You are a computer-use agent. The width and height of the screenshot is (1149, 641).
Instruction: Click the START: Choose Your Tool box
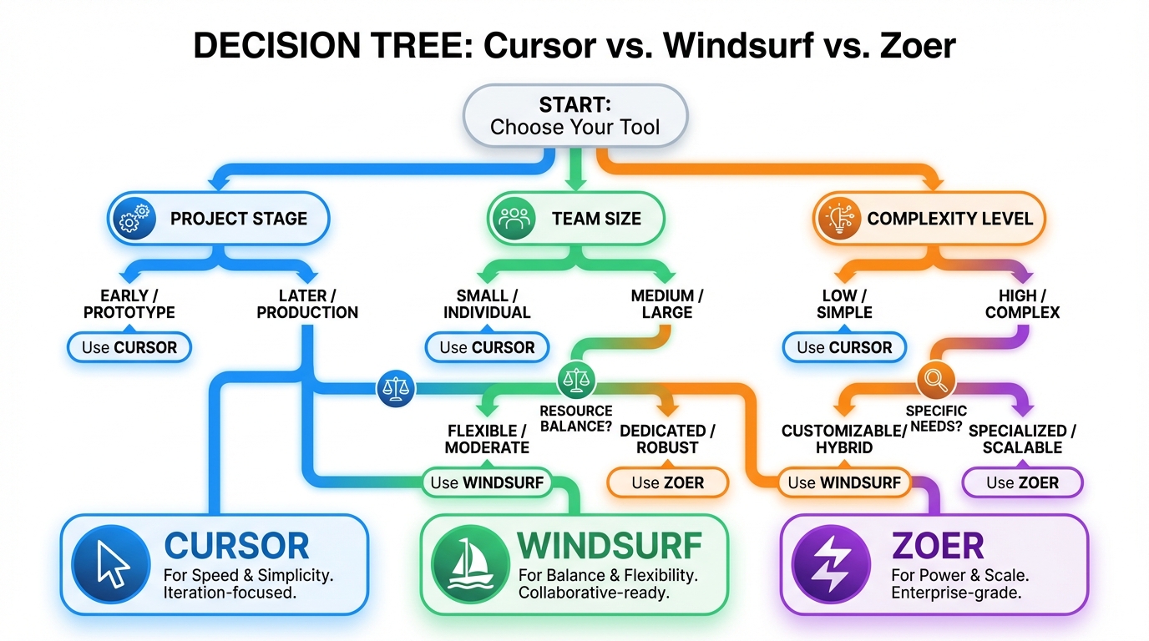pyautogui.click(x=574, y=116)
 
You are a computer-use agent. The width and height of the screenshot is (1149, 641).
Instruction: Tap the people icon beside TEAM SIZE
pyautogui.click(x=514, y=219)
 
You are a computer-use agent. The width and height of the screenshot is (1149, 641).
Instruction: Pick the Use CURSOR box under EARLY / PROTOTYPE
pyautogui.click(x=129, y=347)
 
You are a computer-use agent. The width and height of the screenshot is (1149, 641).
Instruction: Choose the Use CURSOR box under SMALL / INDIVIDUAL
pyautogui.click(x=487, y=347)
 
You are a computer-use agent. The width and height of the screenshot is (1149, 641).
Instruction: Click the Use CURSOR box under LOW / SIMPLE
pyautogui.click(x=844, y=347)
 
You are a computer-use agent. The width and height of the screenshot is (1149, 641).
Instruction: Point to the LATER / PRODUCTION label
pyautogui.click(x=307, y=304)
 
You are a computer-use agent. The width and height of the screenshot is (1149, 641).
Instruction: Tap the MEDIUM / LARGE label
pyautogui.click(x=667, y=304)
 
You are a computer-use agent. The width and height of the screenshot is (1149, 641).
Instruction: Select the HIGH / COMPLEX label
pyautogui.click(x=1022, y=304)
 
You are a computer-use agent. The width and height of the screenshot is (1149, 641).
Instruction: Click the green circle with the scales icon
pyautogui.click(x=574, y=380)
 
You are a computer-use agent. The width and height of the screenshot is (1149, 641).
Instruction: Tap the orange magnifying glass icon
pyautogui.click(x=935, y=381)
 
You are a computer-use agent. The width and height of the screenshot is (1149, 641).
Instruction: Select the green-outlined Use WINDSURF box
pyautogui.click(x=487, y=482)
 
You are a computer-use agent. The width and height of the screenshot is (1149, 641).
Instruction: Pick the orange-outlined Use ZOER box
pyautogui.click(x=667, y=482)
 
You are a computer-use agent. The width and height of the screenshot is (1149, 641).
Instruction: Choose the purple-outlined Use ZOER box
pyautogui.click(x=1022, y=482)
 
